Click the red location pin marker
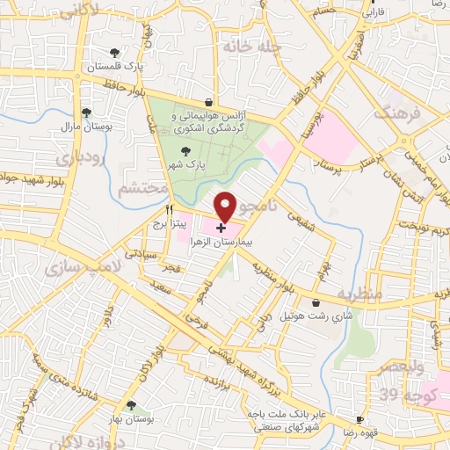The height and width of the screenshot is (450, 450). pos(226,206)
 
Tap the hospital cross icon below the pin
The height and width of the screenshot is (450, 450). pos(219,228)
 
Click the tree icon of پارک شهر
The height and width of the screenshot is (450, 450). pos(183,151)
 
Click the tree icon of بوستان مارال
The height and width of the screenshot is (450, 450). pos(86,112)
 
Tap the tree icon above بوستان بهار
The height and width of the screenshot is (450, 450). pos(130,406)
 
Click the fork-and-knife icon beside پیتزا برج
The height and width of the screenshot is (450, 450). pos(170,210)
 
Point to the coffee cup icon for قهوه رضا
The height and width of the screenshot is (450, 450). pos(359,420)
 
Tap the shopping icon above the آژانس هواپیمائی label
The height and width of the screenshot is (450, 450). pos(207,103)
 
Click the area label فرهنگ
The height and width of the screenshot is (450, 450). pos(390,112)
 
